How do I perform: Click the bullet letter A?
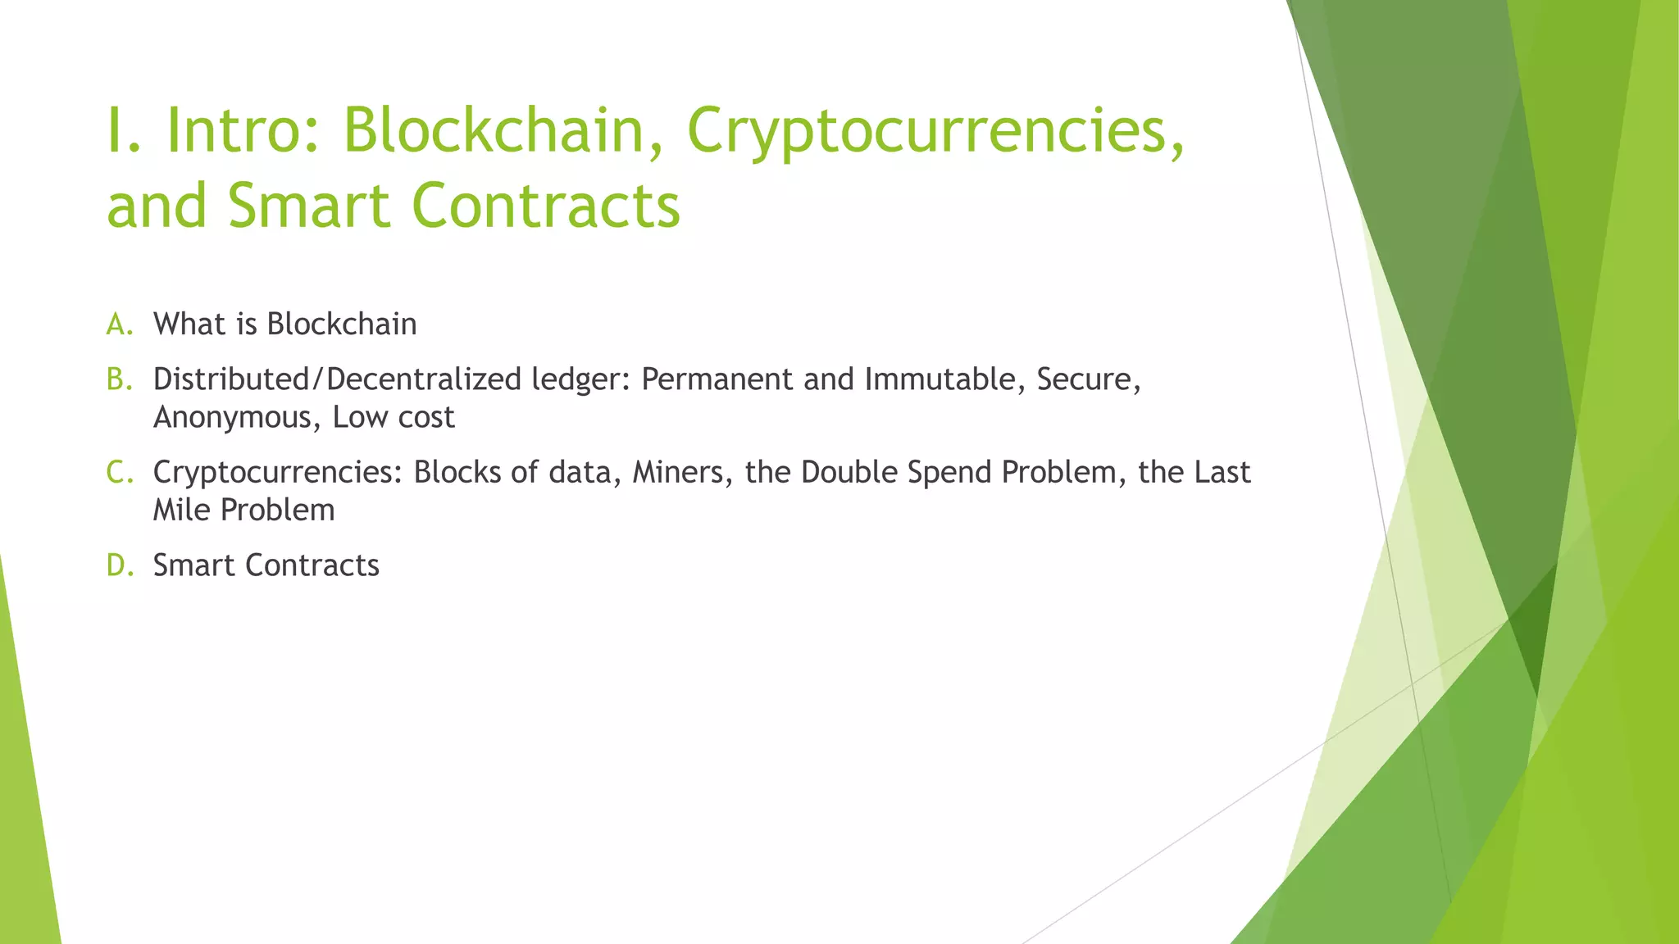[118, 324]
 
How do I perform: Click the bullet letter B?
[118, 379]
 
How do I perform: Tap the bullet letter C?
[118, 472]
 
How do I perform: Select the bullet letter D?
[118, 565]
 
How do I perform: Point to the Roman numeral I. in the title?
[124, 131]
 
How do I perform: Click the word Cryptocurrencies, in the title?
[935, 131]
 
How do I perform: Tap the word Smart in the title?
[308, 205]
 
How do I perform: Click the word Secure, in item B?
[1088, 379]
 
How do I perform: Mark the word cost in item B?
[425, 418]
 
